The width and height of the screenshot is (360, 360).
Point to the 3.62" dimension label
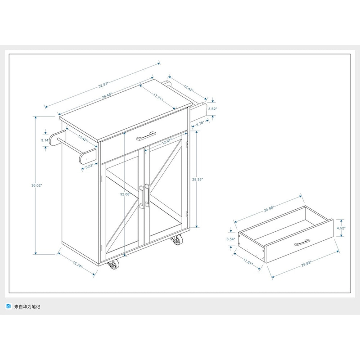tap(213, 109)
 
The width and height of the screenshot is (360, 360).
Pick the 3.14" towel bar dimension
tap(45, 140)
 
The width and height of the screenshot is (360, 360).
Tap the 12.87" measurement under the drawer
tap(167, 141)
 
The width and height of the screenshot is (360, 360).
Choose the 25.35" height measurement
tap(197, 179)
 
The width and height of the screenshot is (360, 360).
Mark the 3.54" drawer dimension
tap(231, 239)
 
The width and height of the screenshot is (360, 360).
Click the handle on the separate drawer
tap(303, 243)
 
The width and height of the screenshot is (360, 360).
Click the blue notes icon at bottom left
tap(9, 307)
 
